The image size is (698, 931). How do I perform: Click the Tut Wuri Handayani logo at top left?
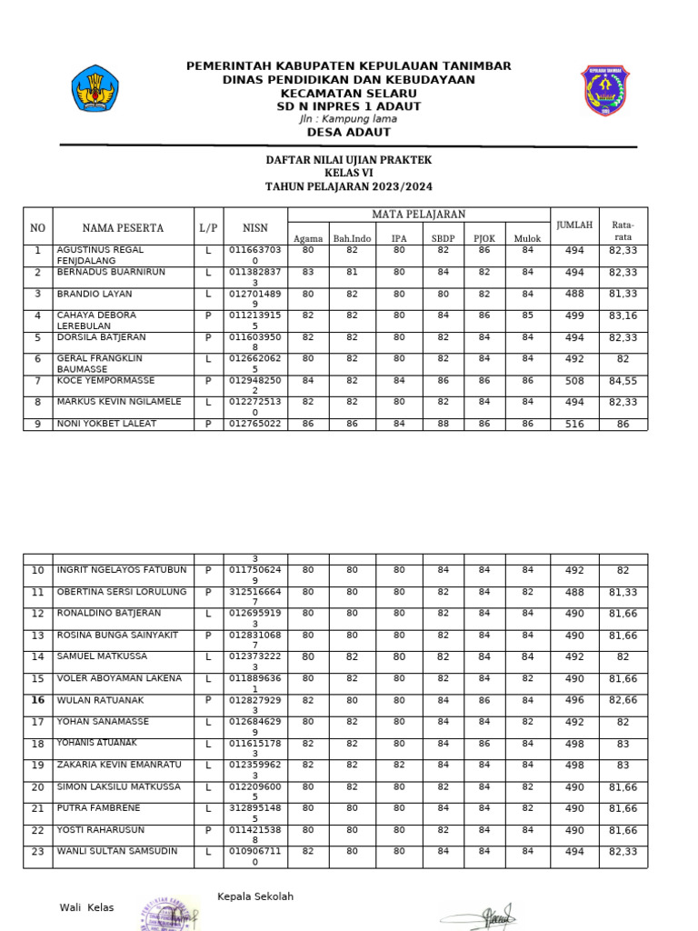pos(95,89)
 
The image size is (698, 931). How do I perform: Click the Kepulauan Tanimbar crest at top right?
pos(604,90)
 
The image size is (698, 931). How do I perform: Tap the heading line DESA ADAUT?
pos(349,132)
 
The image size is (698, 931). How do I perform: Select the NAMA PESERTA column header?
pos(123,227)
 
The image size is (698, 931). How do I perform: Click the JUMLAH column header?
pos(574,225)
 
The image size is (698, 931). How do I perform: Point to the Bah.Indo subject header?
pos(352,238)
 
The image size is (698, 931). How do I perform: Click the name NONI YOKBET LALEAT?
pos(106,423)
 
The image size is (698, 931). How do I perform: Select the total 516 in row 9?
pos(574,424)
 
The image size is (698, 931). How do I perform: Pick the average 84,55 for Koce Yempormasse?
pos(623,381)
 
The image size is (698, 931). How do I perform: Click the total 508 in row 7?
pos(574,381)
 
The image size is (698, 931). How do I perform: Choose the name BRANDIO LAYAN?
pos(95,294)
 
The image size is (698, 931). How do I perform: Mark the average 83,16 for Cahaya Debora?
pos(623,315)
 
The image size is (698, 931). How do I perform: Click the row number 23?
pos(37,852)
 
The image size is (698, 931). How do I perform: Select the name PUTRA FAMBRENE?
pos(98,807)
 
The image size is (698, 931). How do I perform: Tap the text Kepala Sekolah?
pos(255,896)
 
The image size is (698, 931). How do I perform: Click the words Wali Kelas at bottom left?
pos(87,907)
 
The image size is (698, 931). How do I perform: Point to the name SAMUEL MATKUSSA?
pos(101,656)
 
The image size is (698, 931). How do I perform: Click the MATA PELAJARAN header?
pos(418,214)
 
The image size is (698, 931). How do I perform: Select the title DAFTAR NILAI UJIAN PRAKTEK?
pos(348,160)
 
